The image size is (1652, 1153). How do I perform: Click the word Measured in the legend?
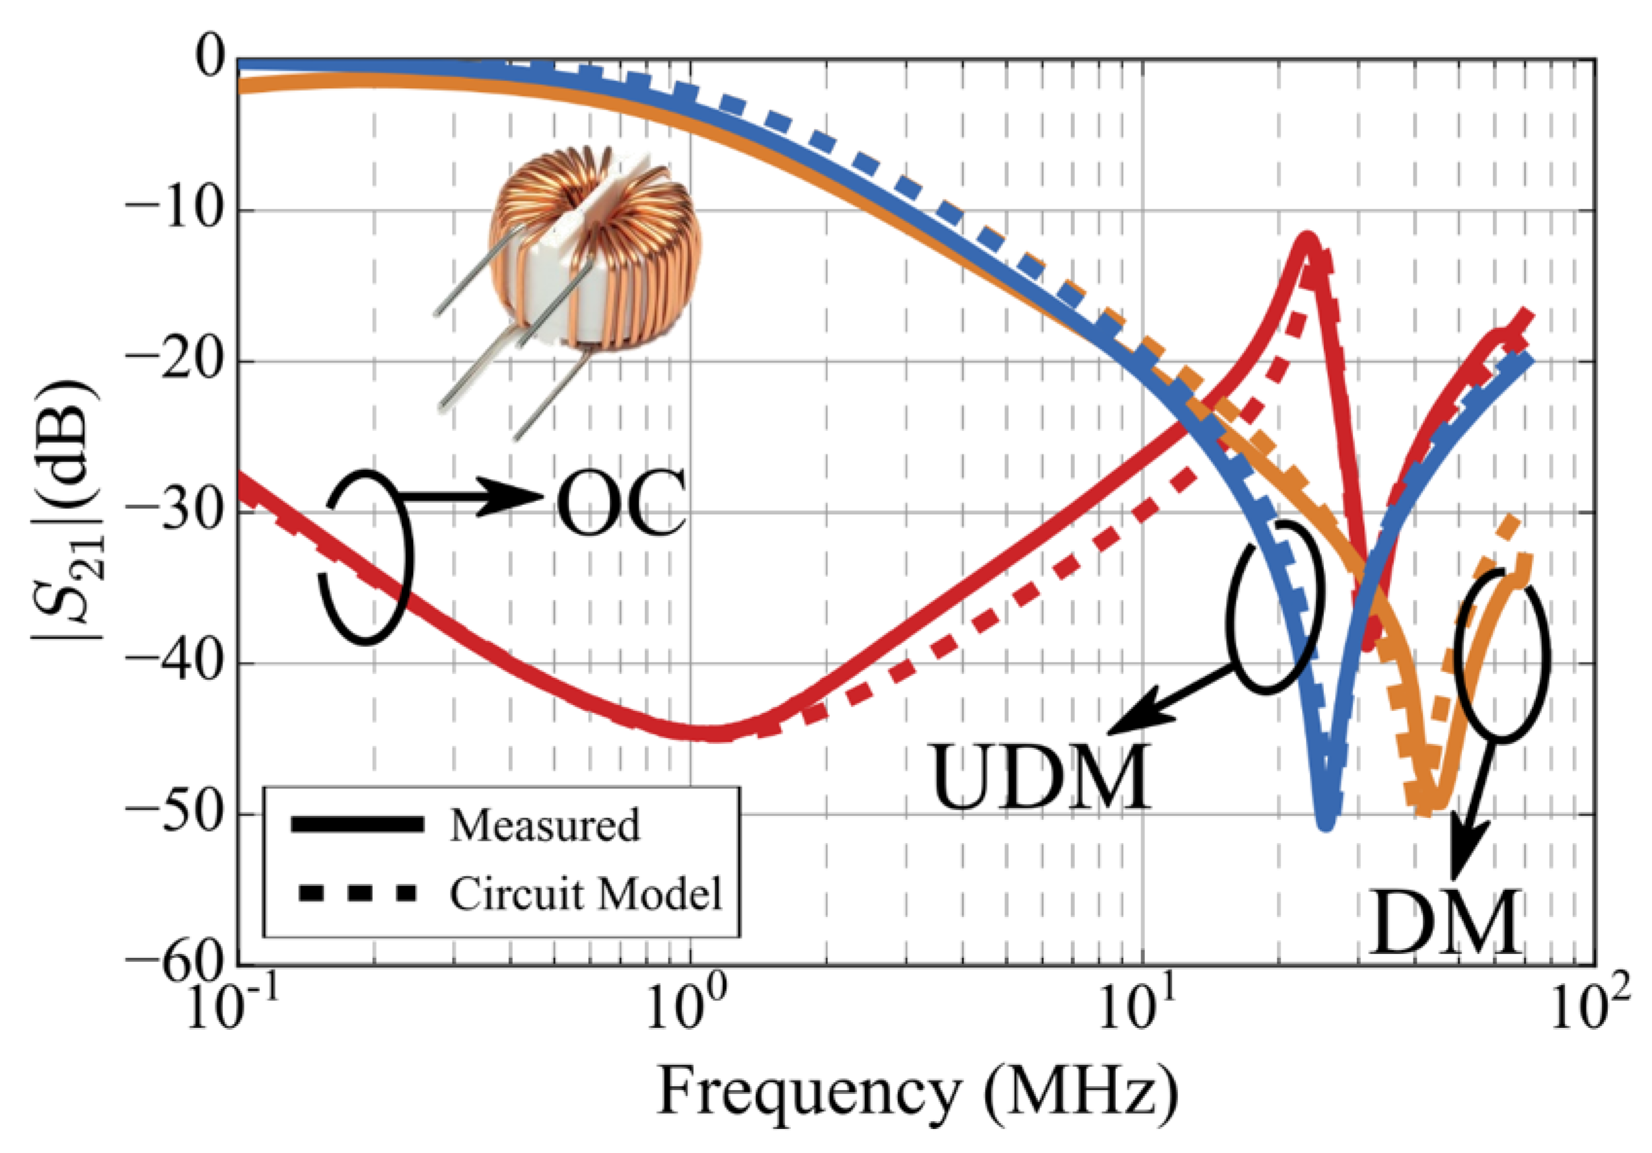click(545, 825)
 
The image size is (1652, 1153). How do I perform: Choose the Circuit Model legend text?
click(585, 894)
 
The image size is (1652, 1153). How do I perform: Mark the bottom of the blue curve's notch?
click(1326, 825)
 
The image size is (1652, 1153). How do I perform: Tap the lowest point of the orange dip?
click(1428, 809)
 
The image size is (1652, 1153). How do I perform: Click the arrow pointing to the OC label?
click(475, 496)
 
